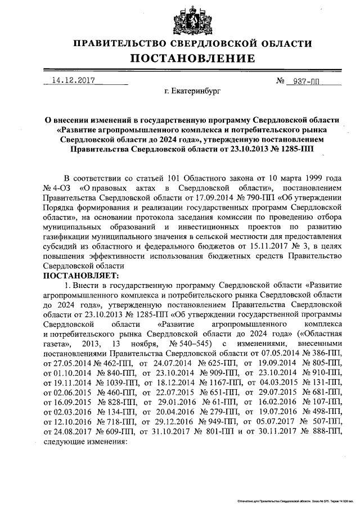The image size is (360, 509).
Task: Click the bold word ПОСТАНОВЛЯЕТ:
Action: [80, 276]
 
